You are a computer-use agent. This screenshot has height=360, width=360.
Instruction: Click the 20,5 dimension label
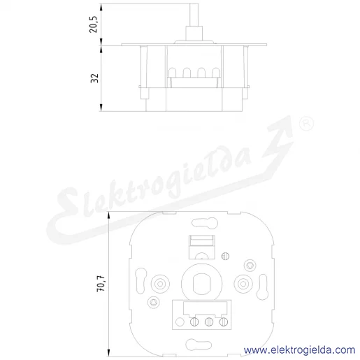pos(94,24)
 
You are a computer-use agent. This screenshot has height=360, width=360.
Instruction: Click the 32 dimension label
pos(94,78)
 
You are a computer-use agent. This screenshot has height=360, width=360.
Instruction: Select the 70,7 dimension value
pos(101,283)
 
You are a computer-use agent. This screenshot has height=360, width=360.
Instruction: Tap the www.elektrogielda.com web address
pos(299,350)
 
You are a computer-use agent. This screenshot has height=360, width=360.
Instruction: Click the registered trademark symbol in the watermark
pos(306,123)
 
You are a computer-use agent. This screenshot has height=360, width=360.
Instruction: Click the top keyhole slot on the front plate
pos(205,222)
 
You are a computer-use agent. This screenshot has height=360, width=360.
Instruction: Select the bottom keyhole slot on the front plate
pos(199,345)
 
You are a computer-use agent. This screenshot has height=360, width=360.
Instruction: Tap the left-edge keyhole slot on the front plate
pos(141,280)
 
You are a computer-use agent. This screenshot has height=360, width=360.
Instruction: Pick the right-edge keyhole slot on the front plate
pos(262,287)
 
